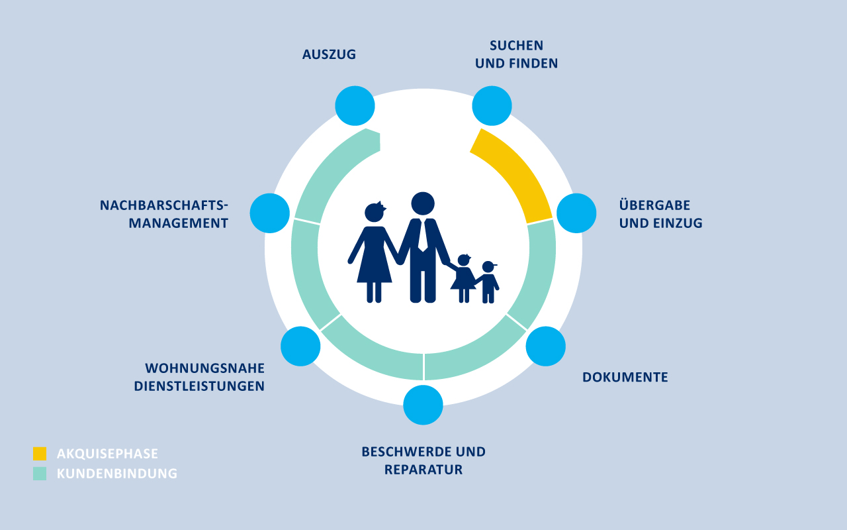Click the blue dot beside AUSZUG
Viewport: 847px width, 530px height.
click(355, 105)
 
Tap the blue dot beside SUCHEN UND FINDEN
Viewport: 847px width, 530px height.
click(492, 105)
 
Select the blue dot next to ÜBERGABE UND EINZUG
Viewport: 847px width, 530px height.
click(576, 213)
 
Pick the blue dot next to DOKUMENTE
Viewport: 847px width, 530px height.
click(546, 346)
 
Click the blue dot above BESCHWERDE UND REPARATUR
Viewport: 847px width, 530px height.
click(423, 405)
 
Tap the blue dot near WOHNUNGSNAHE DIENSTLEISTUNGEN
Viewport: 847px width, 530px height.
click(300, 346)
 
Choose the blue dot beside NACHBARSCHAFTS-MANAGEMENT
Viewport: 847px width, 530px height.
click(269, 213)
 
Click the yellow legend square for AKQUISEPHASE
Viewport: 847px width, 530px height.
click(40, 454)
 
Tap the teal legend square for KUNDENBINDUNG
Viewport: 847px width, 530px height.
click(40, 474)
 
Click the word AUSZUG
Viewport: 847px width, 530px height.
click(329, 54)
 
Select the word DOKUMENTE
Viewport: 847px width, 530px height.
click(625, 377)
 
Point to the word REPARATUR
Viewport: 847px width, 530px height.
click(423, 470)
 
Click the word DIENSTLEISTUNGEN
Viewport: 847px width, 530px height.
click(199, 386)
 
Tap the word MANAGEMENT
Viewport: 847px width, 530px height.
click(179, 223)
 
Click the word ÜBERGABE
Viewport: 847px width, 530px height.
click(654, 205)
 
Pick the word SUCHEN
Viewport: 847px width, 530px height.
click(517, 46)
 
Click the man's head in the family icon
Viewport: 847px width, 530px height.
click(423, 203)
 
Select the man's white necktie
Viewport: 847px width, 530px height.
click(423, 235)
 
